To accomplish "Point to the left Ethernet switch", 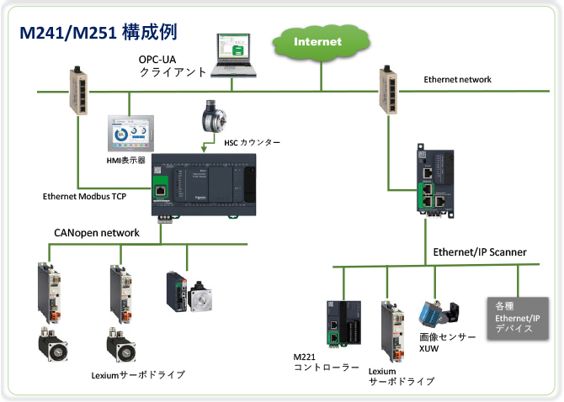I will point(77,90).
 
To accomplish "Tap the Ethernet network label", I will point(457,79).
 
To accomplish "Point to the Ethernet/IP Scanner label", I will point(479,251).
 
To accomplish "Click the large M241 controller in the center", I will point(204,187).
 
